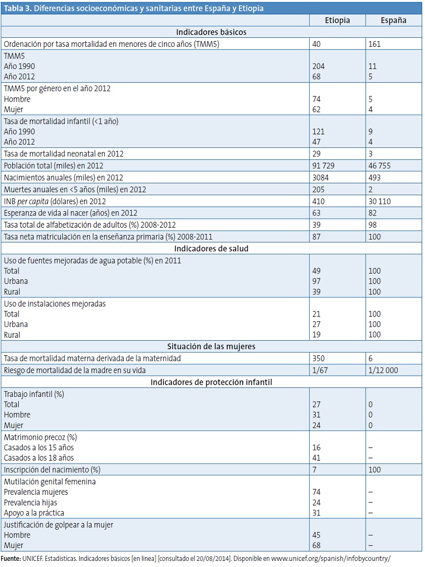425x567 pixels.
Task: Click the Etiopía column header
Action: pos(337,20)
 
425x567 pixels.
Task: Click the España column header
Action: pos(393,20)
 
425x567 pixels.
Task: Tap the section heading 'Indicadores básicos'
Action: pos(211,32)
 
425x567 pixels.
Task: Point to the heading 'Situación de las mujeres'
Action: pos(211,346)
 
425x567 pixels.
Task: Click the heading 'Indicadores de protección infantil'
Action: pos(211,382)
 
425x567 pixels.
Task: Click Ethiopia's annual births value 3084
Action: pos(321,178)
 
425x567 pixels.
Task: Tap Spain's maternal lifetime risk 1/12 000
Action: pos(383,370)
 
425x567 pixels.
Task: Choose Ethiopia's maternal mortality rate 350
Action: pos(319,359)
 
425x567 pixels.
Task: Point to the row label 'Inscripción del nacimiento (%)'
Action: pos(52,470)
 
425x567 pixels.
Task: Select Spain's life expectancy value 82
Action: pos(373,213)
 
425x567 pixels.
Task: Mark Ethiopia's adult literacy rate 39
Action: pos(316,225)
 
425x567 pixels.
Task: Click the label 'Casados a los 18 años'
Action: pos(39,458)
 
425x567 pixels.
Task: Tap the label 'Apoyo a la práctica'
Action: pos(34,513)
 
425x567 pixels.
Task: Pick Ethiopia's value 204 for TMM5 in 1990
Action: pos(319,66)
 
